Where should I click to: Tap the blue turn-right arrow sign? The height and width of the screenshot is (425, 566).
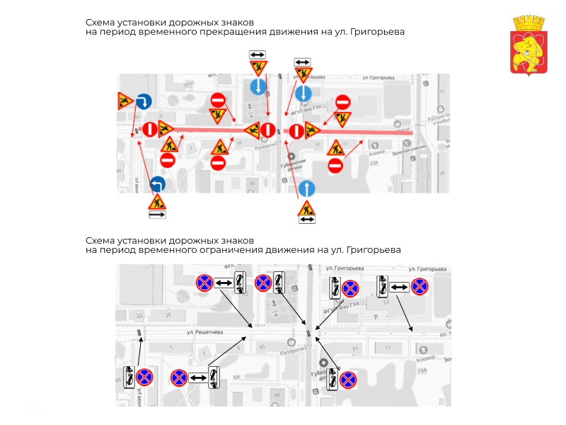pyautogui.click(x=144, y=101)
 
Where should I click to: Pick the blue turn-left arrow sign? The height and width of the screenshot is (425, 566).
pyautogui.click(x=157, y=185)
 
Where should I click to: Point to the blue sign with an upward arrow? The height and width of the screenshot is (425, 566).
pyautogui.click(x=306, y=188)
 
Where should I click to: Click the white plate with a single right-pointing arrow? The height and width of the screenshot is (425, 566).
pyautogui.click(x=157, y=214)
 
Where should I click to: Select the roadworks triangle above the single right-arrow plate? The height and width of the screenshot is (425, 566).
pyautogui.click(x=157, y=202)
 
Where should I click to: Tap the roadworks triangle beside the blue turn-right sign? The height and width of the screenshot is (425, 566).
pyautogui.click(x=126, y=101)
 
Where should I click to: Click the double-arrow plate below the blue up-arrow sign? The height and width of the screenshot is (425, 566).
pyautogui.click(x=306, y=220)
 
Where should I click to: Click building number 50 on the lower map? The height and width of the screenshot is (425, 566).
pyautogui.click(x=262, y=347)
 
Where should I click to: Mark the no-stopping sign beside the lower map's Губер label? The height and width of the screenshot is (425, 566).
pyautogui.click(x=347, y=380)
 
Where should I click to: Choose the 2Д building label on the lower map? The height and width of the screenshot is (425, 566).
pyautogui.click(x=139, y=314)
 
